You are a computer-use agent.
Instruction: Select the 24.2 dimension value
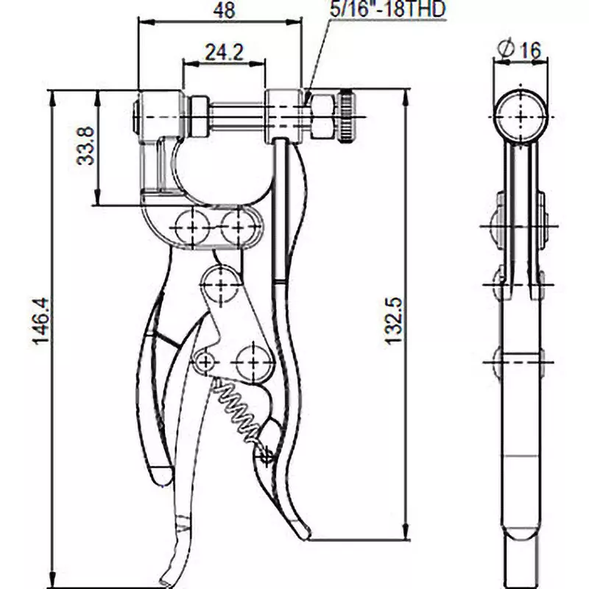224,52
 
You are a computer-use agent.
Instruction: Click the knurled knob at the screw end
348,116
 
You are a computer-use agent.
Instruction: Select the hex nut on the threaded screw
322,116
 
